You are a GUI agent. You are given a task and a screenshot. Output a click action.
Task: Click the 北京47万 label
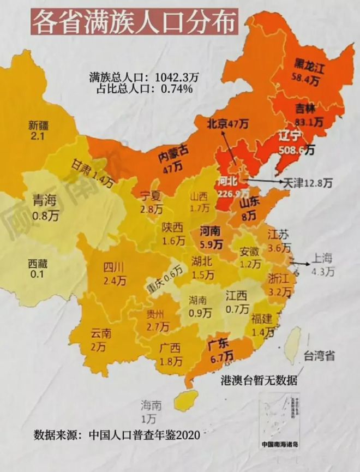[227, 124]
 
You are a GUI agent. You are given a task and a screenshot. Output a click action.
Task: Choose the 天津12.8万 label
[306, 182]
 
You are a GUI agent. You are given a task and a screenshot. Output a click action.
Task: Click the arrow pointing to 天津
[265, 181]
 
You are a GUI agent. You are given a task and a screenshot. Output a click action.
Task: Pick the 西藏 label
[38, 264]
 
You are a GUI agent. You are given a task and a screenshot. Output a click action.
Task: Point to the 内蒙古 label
[173, 157]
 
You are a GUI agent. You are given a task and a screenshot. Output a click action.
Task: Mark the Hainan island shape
[185, 399]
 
